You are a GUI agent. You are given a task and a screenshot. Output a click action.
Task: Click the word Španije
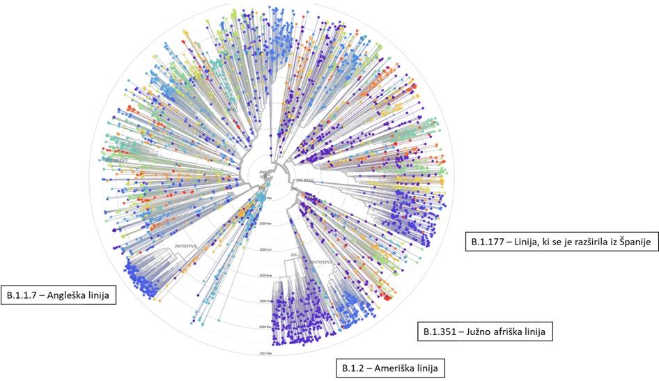tap(628, 242)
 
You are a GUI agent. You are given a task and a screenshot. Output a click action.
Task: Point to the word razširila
tap(580, 242)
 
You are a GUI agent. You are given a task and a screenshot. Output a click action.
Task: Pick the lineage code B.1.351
tap(440, 332)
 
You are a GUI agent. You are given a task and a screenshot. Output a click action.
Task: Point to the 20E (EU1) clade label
tap(304, 181)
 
